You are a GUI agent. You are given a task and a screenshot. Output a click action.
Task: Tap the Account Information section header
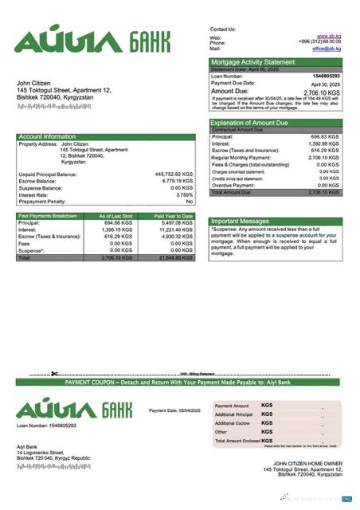pos(47,137)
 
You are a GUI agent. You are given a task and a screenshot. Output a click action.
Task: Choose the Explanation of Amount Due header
pos(252,123)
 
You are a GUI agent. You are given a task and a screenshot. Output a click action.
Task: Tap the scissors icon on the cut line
pos(54,374)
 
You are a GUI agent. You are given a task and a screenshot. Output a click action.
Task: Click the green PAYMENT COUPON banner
pos(180,382)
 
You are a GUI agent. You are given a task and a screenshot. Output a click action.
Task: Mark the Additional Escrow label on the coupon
pos(233,423)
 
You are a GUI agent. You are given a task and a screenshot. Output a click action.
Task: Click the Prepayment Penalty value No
pos(190,202)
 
